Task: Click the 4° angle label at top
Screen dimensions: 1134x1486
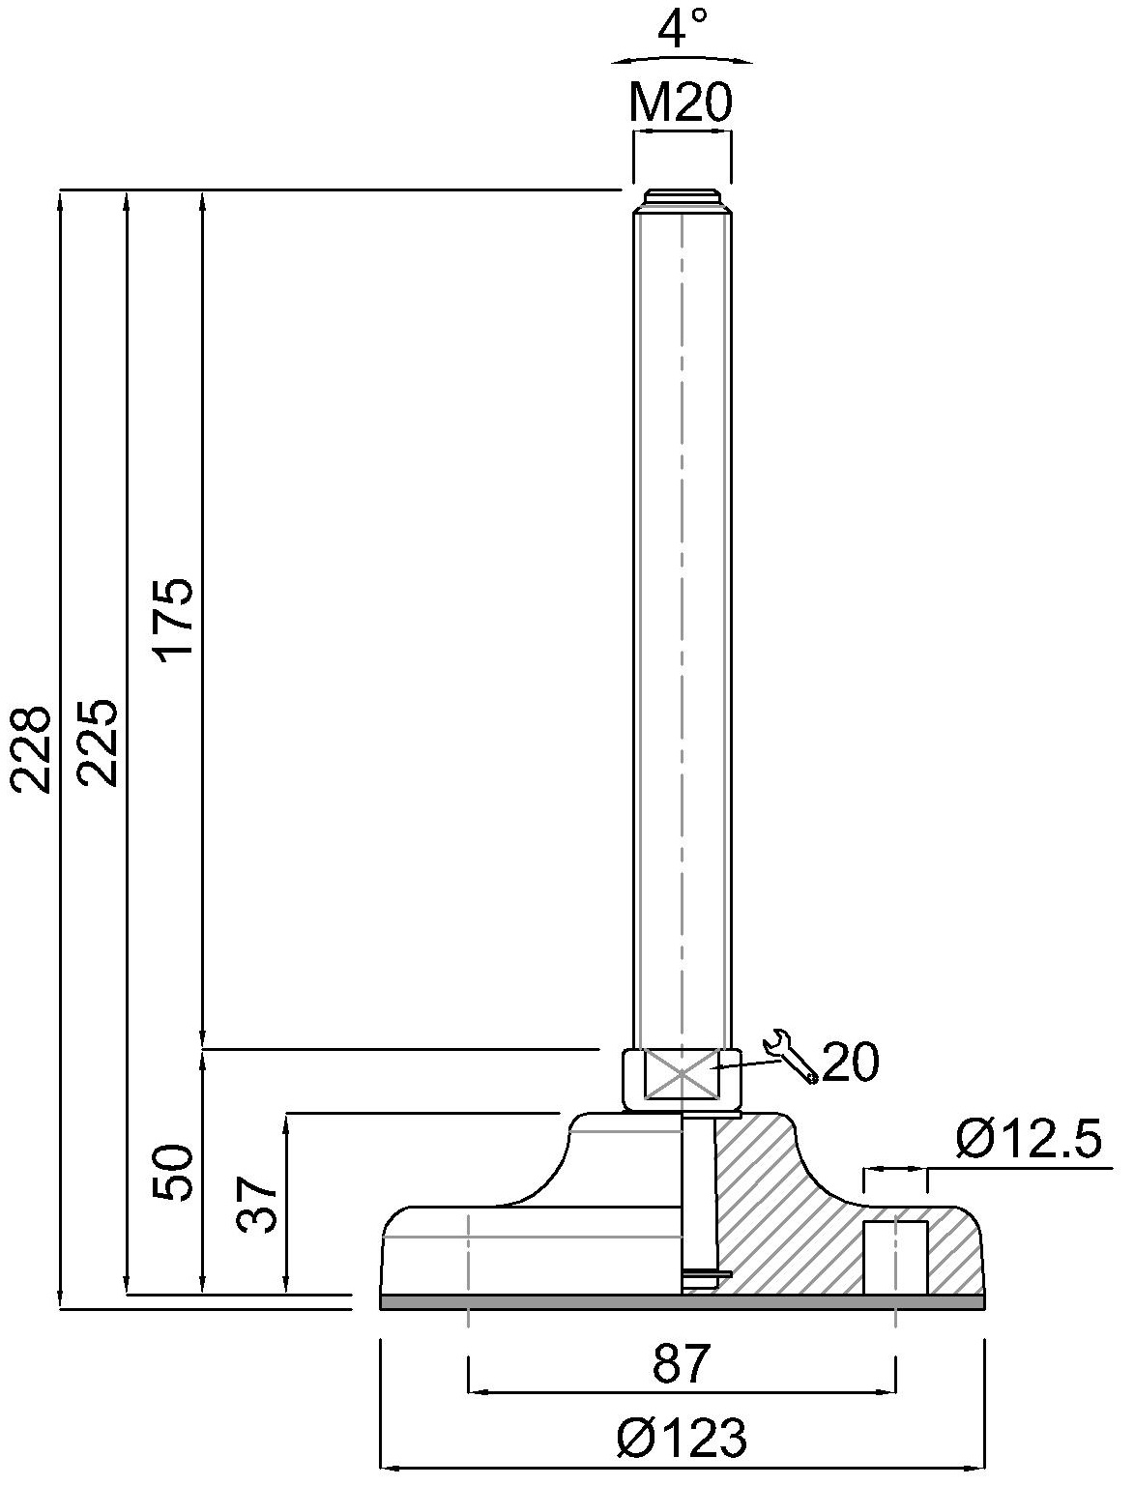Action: pyautogui.click(x=682, y=28)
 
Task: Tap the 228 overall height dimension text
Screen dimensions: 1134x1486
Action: pyautogui.click(x=31, y=750)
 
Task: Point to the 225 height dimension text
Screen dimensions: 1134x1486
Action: pyautogui.click(x=98, y=743)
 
